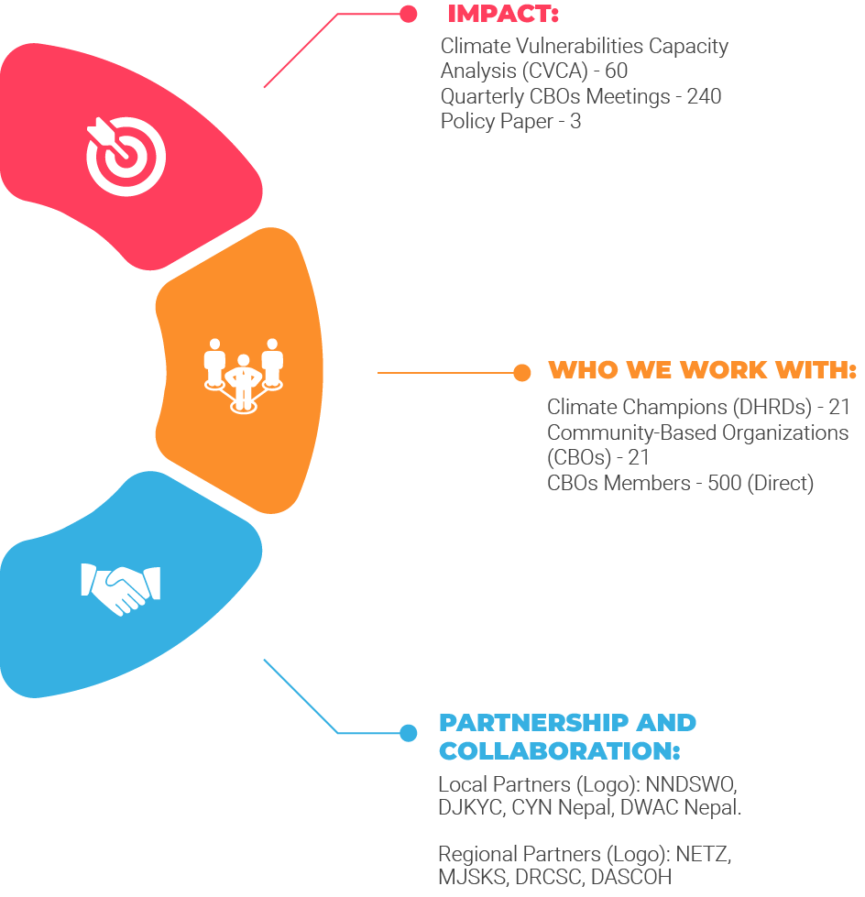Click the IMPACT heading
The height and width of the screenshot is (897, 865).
click(x=502, y=15)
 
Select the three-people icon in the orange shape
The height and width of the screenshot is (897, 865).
click(x=243, y=374)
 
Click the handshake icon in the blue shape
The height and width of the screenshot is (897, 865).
click(x=121, y=586)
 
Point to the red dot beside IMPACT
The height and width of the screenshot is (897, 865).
click(x=408, y=14)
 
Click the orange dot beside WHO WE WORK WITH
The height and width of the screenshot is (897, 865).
click(x=521, y=372)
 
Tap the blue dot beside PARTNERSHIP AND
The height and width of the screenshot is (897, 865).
click(x=409, y=732)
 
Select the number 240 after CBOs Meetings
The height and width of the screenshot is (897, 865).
click(x=704, y=96)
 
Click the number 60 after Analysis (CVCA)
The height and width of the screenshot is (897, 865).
click(x=617, y=71)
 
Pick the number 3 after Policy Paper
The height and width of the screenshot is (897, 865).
click(x=575, y=121)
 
